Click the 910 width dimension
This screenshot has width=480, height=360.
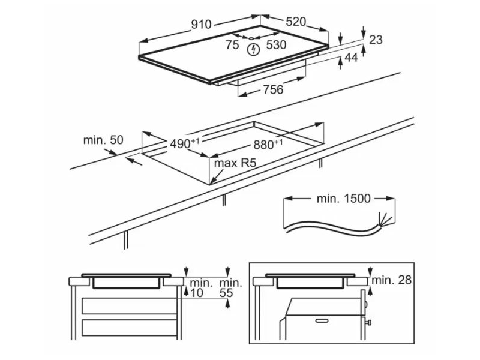click(x=202, y=24)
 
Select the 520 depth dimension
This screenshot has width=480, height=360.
click(x=296, y=22)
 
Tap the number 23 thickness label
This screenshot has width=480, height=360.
click(x=376, y=40)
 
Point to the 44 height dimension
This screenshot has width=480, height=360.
click(x=350, y=58)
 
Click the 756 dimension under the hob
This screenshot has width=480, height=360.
click(x=273, y=89)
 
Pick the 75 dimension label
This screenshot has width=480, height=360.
click(x=232, y=44)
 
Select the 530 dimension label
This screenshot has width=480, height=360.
click(x=276, y=44)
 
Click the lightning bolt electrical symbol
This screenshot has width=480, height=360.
click(x=254, y=49)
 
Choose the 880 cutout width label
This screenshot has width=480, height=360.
click(x=267, y=144)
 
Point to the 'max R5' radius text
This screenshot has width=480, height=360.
click(x=232, y=163)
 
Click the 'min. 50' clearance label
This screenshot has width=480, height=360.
click(x=103, y=140)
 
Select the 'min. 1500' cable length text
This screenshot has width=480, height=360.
click(x=343, y=199)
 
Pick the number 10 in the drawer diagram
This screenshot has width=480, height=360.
click(x=197, y=293)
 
